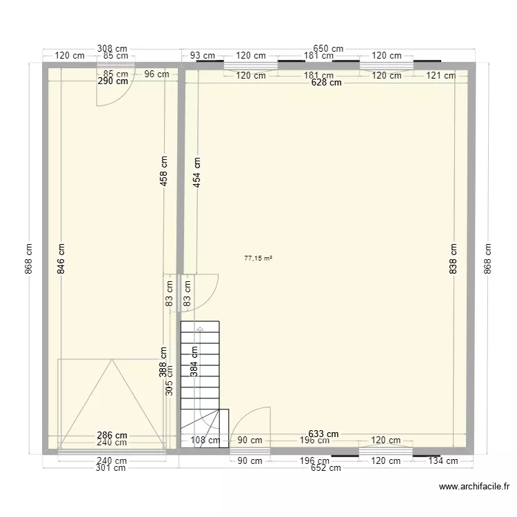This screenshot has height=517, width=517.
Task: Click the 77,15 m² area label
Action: (x=258, y=258)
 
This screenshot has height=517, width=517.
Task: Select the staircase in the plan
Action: (x=200, y=383)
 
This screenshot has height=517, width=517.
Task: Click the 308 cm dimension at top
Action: (x=112, y=49)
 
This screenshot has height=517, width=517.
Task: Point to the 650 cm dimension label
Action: (x=328, y=49)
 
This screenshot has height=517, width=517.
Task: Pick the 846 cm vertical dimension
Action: (x=61, y=258)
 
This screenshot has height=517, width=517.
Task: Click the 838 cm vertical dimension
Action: (x=454, y=258)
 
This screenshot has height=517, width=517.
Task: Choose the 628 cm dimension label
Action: (x=326, y=83)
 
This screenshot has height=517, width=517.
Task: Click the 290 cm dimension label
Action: (x=113, y=81)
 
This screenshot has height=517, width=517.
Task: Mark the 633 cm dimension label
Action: (x=323, y=434)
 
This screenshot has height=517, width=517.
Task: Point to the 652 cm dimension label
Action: (x=326, y=468)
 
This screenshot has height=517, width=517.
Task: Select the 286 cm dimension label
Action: (x=112, y=435)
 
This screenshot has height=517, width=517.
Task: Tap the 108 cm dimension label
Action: (x=205, y=440)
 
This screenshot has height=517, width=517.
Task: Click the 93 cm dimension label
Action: (x=203, y=56)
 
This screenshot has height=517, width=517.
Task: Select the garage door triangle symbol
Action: (x=112, y=403)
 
